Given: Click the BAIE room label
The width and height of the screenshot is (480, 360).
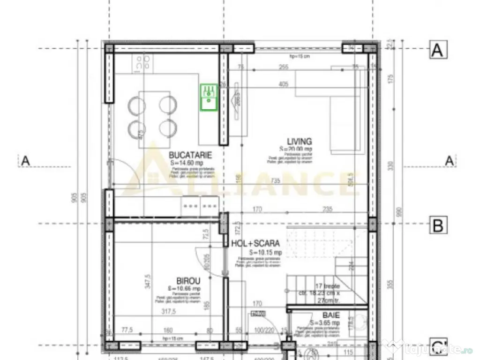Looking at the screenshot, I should [x=330, y=315].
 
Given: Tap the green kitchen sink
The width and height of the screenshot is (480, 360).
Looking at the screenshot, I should [x=208, y=97].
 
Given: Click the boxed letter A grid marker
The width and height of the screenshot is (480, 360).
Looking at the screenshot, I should [x=437, y=50].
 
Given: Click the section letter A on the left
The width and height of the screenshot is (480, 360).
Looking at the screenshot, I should [x=26, y=160].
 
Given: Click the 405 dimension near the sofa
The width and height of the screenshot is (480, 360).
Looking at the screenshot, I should [x=283, y=84].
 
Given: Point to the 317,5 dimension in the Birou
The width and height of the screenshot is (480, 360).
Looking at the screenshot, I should [x=168, y=311].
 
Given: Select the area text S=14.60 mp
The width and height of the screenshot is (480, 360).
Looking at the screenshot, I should [x=187, y=163].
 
